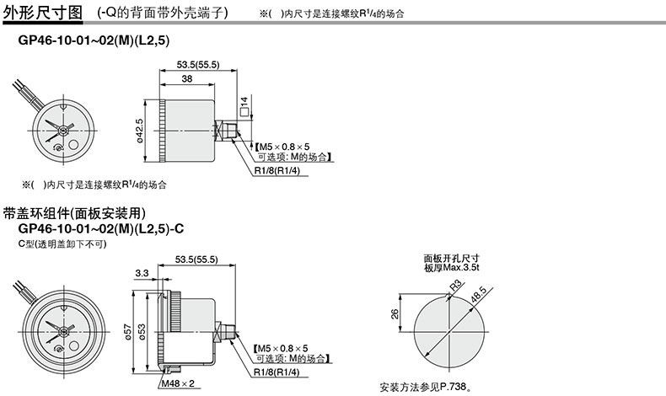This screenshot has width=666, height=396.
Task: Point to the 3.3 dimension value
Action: (x=141, y=273)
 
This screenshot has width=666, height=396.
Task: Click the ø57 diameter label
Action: (x=126, y=331)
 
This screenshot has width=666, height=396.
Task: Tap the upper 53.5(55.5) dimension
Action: (x=197, y=63)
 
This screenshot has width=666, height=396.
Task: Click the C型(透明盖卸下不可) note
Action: (x=62, y=243)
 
